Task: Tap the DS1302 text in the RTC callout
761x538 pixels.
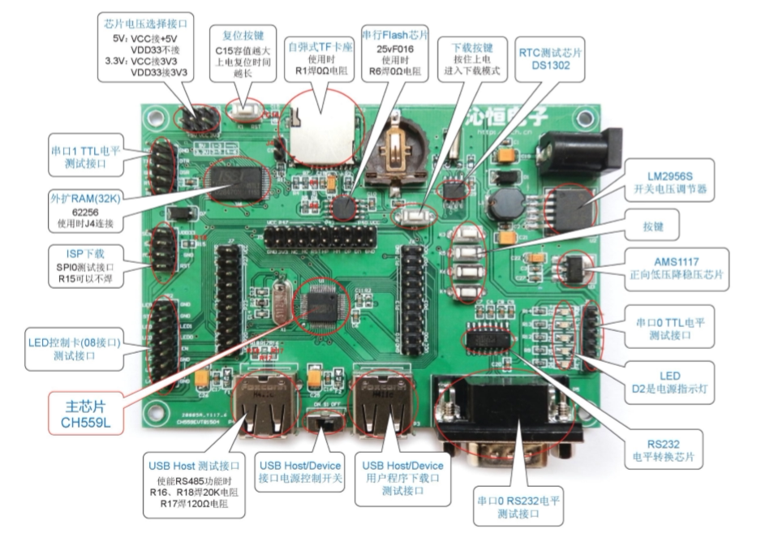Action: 548,68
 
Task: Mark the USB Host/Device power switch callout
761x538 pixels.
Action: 299,471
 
